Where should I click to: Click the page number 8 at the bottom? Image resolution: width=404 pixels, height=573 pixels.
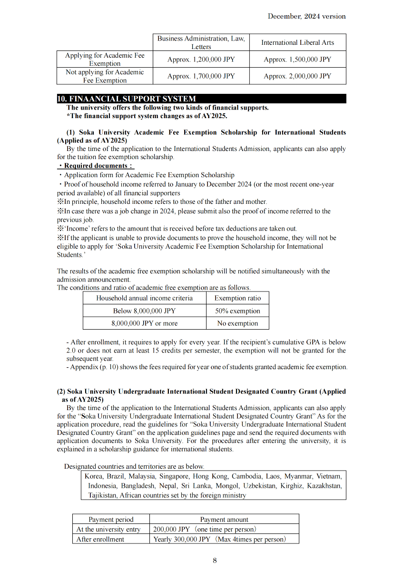pos(215,560)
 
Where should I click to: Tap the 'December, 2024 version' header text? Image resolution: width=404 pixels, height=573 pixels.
pos(306,16)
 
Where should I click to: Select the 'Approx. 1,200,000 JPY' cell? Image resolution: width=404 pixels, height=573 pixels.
pos(201,60)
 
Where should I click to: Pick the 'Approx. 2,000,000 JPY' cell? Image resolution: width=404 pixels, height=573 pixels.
pos(297,76)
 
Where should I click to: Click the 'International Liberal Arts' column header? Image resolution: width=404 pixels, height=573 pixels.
pos(297,42)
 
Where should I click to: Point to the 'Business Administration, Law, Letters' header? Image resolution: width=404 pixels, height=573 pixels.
pos(201,42)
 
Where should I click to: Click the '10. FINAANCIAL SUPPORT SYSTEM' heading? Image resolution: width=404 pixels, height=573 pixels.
pos(126,99)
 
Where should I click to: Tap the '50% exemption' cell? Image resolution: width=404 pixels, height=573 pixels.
pos(237,311)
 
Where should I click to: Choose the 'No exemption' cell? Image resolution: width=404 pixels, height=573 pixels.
pos(237,323)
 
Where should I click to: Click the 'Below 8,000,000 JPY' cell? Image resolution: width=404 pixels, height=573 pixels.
pos(144,311)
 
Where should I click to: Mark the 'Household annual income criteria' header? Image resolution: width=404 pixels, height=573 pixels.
pos(144,298)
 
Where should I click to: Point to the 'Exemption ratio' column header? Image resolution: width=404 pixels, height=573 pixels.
pos(237,298)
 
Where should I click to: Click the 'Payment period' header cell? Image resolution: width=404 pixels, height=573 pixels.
pos(111,519)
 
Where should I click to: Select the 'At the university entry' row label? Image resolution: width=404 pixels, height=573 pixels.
pos(108,529)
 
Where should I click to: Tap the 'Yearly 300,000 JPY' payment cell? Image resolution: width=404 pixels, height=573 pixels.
pos(219,539)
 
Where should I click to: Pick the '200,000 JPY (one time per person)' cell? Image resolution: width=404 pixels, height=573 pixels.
pos(205,529)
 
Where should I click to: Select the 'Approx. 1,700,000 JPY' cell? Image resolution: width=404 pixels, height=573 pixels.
pos(201,76)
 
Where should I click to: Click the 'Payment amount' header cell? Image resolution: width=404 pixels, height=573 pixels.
pos(224,519)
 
